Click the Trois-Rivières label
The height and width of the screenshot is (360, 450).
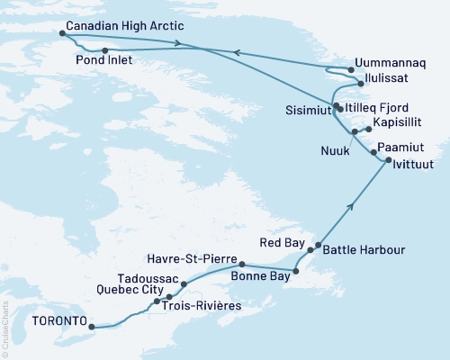[x=205, y=307]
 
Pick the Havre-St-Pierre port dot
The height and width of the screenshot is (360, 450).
[x=242, y=265]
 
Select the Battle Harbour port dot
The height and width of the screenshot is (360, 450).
[x=318, y=244]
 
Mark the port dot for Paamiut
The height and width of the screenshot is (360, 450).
[x=373, y=154]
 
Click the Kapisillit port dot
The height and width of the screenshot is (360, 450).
[x=368, y=130]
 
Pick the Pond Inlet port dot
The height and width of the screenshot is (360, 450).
[x=105, y=50]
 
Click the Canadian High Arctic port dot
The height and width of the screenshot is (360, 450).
[x=62, y=33]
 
